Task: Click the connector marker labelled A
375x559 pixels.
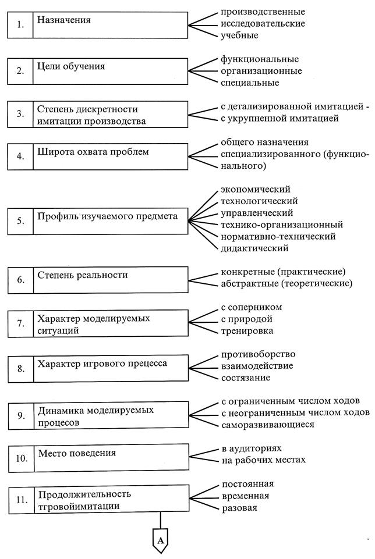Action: click(161, 540)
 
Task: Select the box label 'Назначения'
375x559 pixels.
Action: click(64, 20)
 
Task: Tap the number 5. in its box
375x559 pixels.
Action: click(21, 221)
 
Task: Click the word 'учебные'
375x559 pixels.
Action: click(239, 35)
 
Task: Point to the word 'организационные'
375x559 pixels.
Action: click(261, 71)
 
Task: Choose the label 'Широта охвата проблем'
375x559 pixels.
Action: click(93, 152)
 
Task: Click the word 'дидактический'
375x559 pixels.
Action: click(254, 248)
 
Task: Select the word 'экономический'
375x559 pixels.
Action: click(256, 189)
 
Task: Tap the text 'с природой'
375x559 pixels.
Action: click(247, 319)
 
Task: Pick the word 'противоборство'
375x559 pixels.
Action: click(259, 354)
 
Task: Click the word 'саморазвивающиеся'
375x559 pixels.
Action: click(268, 425)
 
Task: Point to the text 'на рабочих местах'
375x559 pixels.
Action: click(264, 460)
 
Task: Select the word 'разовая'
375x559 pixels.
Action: click(239, 508)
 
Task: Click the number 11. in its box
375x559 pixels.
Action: click(22, 500)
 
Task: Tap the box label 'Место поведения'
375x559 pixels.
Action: click(77, 453)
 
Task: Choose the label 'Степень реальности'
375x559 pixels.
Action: click(83, 275)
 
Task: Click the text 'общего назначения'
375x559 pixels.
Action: click(264, 143)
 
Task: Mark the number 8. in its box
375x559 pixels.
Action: click(21, 368)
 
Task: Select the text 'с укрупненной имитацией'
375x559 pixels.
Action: click(280, 118)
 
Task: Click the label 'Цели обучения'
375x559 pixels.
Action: click(71, 66)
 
